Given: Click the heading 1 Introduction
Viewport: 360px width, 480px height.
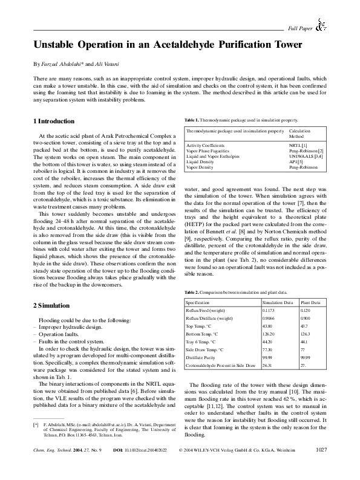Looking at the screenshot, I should click(x=53, y=122).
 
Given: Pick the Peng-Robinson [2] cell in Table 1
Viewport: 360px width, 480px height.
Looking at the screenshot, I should click(x=306, y=151).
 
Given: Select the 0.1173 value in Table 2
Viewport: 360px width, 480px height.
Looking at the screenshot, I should click(x=267, y=310).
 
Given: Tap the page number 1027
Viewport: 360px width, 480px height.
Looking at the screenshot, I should click(x=321, y=466).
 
